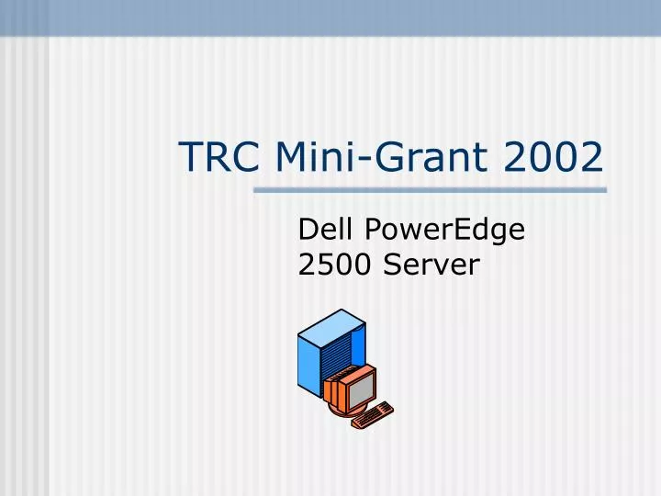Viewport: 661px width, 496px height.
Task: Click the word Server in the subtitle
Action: (431, 265)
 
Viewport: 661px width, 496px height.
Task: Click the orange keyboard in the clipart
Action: (373, 415)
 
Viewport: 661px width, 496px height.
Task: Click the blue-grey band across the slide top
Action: (330, 17)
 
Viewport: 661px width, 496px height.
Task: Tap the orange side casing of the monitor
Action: (332, 390)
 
